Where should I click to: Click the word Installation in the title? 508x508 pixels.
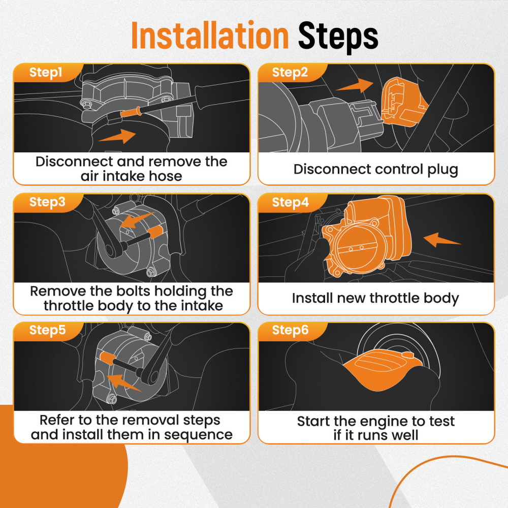[210, 35]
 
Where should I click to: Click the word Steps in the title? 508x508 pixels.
[338, 37]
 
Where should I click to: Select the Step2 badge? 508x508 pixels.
[290, 72]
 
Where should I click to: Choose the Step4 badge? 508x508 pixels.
[291, 202]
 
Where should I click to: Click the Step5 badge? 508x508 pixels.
[47, 330]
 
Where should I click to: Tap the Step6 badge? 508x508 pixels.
[290, 330]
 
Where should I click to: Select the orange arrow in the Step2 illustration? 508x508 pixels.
[355, 85]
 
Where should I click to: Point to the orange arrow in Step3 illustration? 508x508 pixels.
[137, 220]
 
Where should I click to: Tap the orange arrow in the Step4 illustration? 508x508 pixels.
[441, 240]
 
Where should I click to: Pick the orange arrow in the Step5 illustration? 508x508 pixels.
[124, 383]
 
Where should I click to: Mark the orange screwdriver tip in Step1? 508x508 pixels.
[131, 112]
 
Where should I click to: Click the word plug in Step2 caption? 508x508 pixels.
[442, 170]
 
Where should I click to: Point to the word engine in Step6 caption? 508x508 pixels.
[384, 422]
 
